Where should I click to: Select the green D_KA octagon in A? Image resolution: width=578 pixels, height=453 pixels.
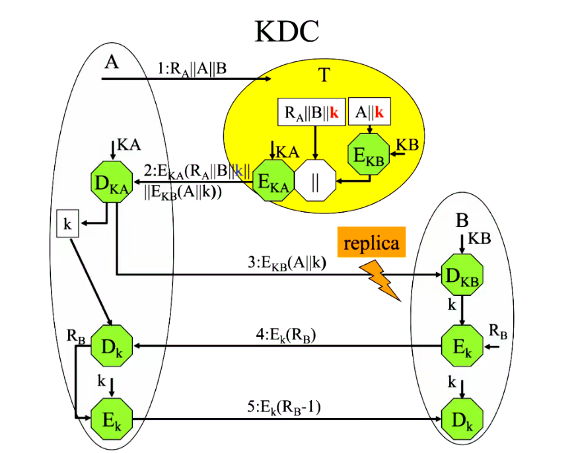coord(110,182)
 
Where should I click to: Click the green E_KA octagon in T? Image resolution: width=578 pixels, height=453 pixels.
coord(273,182)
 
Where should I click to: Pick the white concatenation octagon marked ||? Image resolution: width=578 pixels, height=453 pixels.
coord(315,183)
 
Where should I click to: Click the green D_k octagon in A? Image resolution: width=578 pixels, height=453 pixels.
coord(110,344)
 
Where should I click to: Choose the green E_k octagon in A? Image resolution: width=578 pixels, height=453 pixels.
coord(110,419)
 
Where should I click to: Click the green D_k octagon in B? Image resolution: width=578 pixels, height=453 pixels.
coord(462,419)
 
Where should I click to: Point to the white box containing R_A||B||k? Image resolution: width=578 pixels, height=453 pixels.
coord(310,113)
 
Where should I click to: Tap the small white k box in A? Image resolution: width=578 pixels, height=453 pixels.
coord(67,223)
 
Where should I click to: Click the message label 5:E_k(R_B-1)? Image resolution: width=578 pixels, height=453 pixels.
coord(288,407)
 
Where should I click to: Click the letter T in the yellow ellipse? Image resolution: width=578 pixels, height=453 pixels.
coord(324,76)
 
